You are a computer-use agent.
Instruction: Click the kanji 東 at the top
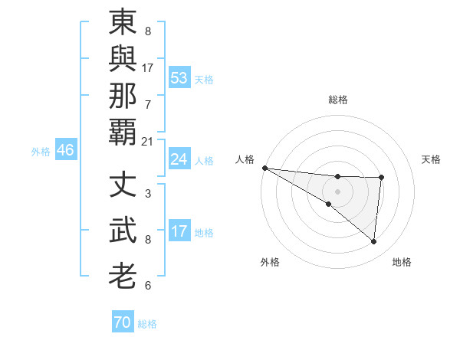pos(123,23)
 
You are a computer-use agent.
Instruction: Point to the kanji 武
pos(123,230)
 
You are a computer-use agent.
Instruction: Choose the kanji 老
pos(123,274)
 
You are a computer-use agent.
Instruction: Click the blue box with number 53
pos(179,78)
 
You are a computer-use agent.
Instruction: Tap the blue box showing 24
pos(179,159)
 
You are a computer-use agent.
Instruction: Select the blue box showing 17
pos(179,231)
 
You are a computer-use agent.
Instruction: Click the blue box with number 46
pos(65,150)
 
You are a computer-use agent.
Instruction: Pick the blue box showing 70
pos(123,322)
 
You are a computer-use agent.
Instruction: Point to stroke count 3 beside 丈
pos(147,194)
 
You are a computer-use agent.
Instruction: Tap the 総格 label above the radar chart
pos(337,100)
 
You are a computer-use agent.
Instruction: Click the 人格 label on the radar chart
pos(245,159)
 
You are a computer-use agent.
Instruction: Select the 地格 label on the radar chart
pos(402,262)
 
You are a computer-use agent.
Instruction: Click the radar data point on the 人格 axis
pos(264,168)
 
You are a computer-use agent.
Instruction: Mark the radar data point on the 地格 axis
pos(373,242)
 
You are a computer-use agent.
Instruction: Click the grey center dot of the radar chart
pos(337,191)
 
